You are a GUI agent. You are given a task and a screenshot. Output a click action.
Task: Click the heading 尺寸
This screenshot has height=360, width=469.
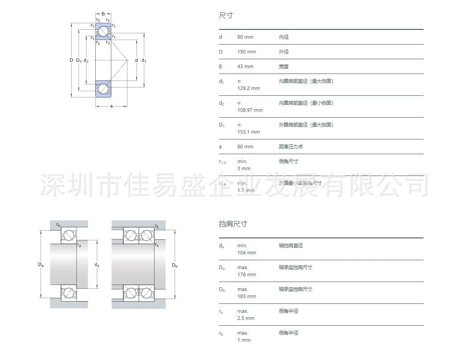(225, 16)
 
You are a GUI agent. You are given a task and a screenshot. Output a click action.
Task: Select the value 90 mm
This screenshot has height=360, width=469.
(245, 37)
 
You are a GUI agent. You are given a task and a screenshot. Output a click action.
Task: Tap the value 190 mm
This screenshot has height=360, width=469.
(246, 52)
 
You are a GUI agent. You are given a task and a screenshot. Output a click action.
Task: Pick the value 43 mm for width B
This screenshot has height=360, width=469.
(245, 66)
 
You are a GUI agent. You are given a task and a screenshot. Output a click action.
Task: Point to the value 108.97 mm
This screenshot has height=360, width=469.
(250, 110)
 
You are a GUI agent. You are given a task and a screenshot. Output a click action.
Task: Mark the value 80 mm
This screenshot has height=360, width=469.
(245, 147)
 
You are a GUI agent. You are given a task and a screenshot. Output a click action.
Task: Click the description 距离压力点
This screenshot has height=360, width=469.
(290, 147)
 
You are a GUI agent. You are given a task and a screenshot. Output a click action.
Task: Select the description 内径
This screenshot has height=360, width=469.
(284, 37)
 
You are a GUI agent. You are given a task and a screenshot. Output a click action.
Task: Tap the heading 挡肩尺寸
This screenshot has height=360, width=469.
(232, 224)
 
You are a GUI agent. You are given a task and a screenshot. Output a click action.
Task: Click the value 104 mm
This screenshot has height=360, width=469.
(246, 253)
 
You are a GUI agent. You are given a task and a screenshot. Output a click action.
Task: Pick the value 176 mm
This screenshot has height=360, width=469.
(246, 274)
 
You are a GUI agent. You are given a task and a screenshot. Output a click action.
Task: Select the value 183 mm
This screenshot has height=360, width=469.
(246, 296)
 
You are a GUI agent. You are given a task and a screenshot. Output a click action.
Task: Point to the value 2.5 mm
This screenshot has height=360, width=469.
(245, 318)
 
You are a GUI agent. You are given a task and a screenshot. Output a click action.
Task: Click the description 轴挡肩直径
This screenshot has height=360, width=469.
(290, 245)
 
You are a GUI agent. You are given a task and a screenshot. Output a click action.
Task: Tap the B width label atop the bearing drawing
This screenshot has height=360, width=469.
(103, 14)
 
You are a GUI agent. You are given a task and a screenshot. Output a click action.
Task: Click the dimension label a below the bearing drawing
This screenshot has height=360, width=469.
(111, 106)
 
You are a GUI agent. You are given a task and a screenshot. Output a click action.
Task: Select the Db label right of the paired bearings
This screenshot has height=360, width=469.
(175, 266)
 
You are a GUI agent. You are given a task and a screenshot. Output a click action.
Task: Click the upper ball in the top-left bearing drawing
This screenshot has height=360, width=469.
(103, 32)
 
